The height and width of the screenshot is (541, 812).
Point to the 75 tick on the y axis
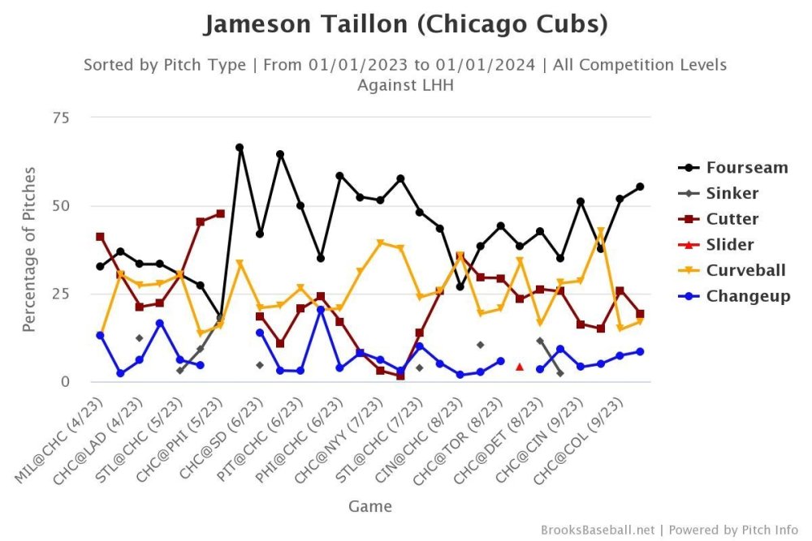coord(61,118)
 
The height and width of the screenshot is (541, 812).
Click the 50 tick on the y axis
coord(61,205)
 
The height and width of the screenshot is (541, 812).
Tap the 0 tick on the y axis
coord(65,381)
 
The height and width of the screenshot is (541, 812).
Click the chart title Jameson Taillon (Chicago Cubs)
coord(405,24)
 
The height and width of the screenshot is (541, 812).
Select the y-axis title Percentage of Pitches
coord(29,249)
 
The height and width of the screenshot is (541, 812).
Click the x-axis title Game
coord(370,507)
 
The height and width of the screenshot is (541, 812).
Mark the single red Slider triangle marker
coord(520,367)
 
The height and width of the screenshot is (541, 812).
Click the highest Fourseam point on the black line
coord(240,148)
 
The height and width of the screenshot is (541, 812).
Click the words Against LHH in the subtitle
coord(405,84)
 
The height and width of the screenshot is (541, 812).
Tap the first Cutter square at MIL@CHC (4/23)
coord(100,237)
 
